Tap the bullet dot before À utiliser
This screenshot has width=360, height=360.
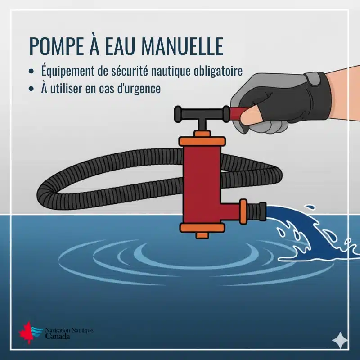tap(31, 89)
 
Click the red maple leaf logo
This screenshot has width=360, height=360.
tap(25, 332)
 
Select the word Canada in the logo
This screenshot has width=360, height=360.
tap(58, 336)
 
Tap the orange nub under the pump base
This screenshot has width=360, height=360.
tap(202, 235)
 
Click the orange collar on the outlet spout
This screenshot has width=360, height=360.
tap(243, 211)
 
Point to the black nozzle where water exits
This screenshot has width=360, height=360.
tap(262, 211)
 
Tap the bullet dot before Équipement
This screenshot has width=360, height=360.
tap(31, 71)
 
